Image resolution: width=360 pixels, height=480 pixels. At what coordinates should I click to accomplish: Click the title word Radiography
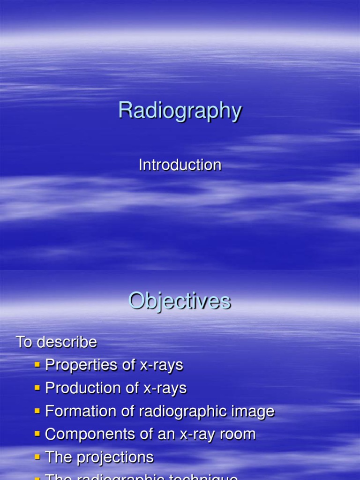point(180,111)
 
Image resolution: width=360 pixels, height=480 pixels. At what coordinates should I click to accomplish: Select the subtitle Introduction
point(180,165)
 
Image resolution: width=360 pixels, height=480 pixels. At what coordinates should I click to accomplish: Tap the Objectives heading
point(180,301)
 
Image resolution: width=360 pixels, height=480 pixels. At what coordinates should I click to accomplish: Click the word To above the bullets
point(24,342)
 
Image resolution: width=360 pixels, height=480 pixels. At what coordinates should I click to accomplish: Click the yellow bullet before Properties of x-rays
point(37,365)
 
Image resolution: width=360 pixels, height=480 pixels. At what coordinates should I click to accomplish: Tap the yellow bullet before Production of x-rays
point(37,388)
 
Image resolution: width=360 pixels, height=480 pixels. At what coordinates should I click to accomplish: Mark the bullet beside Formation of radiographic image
point(37,411)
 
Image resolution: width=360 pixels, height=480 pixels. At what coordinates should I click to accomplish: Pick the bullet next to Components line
point(37,434)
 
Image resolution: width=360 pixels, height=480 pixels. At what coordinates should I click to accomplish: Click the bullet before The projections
point(37,457)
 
